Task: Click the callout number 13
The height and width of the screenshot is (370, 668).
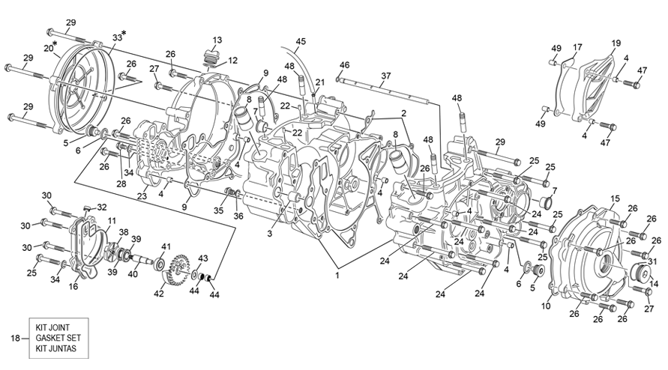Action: tap(217, 40)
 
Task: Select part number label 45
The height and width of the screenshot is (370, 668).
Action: tap(301, 41)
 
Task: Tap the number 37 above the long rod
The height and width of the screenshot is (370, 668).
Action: tap(385, 76)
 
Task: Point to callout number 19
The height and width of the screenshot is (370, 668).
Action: tap(616, 43)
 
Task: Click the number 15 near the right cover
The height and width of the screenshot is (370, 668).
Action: tap(614, 198)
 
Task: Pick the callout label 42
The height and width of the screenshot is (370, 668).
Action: tap(159, 294)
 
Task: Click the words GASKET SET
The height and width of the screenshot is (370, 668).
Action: tap(56, 339)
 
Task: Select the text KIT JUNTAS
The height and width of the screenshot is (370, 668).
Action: tap(56, 349)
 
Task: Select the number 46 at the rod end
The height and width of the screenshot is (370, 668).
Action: tap(344, 65)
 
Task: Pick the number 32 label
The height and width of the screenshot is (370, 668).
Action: tap(102, 207)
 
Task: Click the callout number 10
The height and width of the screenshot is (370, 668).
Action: tap(544, 306)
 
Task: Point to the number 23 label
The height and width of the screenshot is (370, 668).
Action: tap(142, 196)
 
